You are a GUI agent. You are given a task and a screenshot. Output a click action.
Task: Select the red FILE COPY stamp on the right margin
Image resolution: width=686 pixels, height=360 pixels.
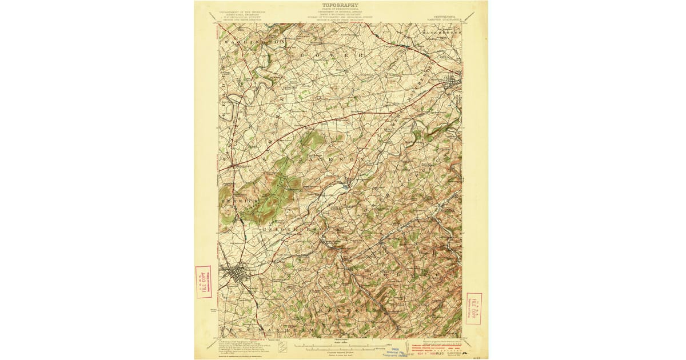click(x=473, y=309)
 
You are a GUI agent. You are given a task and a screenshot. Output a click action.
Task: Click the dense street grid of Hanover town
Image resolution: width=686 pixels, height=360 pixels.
click(x=236, y=275)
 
